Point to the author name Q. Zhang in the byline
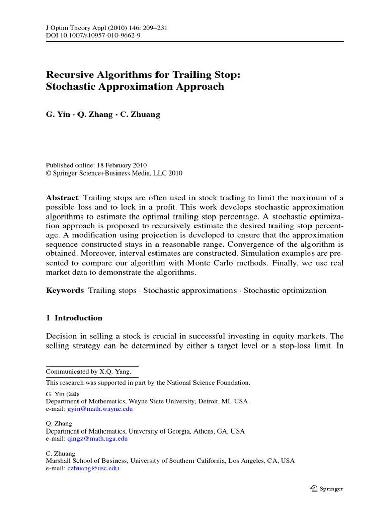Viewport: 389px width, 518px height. click(x=95, y=114)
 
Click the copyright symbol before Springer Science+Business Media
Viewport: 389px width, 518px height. click(x=49, y=173)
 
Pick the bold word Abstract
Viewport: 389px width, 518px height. click(x=62, y=198)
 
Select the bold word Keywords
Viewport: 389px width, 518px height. click(x=64, y=291)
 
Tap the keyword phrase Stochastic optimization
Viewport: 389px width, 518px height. click(x=285, y=291)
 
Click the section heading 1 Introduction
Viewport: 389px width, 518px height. click(x=74, y=318)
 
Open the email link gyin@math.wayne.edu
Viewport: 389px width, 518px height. click(x=99, y=409)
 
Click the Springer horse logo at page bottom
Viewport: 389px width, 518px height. click(x=314, y=489)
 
